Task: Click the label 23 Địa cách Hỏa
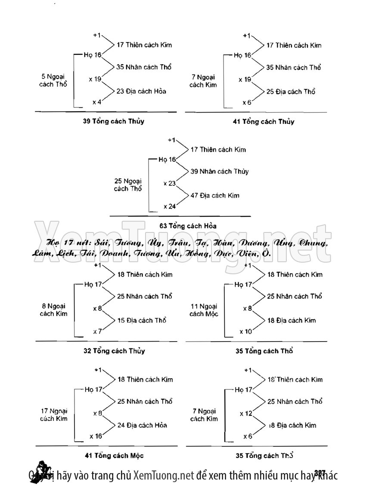141,91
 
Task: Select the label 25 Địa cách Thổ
291,92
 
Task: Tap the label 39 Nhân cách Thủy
220,172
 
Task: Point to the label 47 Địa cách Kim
215,196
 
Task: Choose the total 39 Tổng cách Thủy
111,121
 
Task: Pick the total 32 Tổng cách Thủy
114,351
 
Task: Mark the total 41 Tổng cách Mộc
114,455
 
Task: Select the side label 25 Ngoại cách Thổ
128,185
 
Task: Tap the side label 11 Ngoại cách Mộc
204,310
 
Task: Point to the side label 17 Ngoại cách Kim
53,414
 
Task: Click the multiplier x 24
170,207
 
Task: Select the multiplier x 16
96,436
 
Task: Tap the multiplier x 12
246,414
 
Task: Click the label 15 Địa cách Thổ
142,320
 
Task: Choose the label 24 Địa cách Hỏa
142,425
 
